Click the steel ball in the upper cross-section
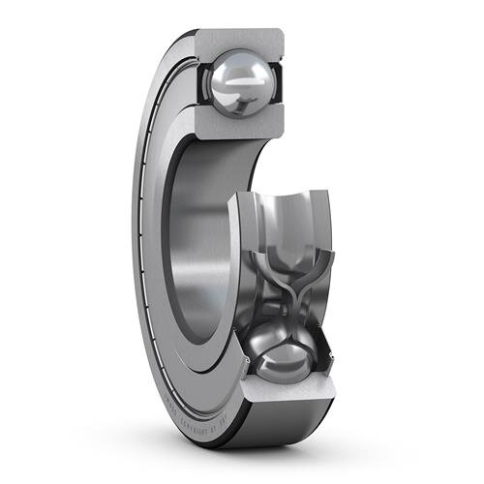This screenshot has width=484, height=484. point(239,84)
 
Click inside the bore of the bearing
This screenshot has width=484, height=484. point(208,242)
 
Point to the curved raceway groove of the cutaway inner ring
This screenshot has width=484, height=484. point(281,218)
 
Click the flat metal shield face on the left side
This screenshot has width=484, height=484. point(155,242)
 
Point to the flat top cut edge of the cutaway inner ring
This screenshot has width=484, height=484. point(281,194)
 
